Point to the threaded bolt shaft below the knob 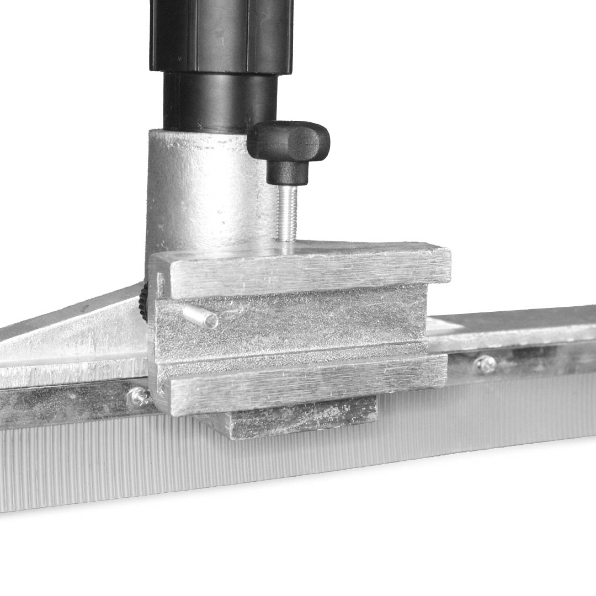[287, 212]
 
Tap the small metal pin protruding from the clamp [200, 317]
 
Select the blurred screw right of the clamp [485, 363]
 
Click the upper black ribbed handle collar [221, 36]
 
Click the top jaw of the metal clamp [304, 270]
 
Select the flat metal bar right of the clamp [513, 326]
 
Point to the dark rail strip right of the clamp [524, 359]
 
